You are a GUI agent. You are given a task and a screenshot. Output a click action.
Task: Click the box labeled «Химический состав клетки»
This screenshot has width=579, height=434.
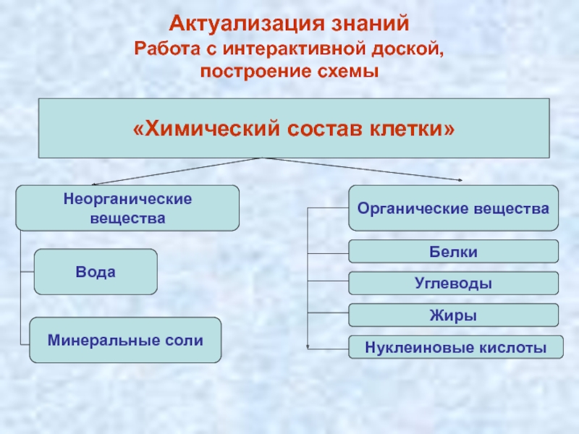293,128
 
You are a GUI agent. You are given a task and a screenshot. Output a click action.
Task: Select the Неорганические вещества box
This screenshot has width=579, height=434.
127,208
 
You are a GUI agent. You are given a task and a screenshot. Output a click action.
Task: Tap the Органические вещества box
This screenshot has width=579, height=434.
454,208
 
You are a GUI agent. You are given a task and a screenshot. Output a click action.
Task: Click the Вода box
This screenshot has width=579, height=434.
96,271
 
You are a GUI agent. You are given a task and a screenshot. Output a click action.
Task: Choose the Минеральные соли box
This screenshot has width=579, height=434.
125,339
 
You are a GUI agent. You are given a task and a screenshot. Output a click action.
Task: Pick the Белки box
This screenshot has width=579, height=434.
454,251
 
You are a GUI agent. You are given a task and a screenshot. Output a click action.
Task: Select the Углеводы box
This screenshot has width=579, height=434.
454,283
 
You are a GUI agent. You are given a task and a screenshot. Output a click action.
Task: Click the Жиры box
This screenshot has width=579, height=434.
454,315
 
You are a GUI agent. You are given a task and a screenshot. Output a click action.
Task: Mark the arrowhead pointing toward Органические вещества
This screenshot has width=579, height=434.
460,179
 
